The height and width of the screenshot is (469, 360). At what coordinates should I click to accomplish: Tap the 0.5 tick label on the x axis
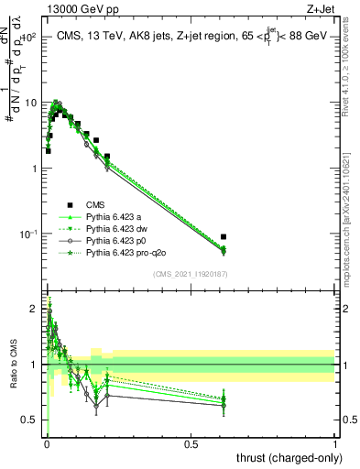click(191, 443)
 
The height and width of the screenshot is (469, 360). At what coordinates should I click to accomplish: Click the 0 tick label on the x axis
click(47, 443)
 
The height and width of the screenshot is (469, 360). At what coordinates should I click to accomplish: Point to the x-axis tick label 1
click(335, 443)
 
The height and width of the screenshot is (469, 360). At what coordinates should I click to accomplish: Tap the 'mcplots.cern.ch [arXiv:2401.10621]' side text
click(352, 212)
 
